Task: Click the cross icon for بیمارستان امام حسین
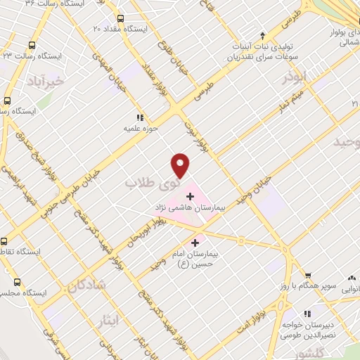coord(195,243)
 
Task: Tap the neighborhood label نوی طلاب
coord(151,182)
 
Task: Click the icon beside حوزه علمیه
coord(140,117)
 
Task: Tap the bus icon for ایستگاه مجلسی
coord(6,292)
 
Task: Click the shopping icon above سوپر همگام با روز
coord(306,275)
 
